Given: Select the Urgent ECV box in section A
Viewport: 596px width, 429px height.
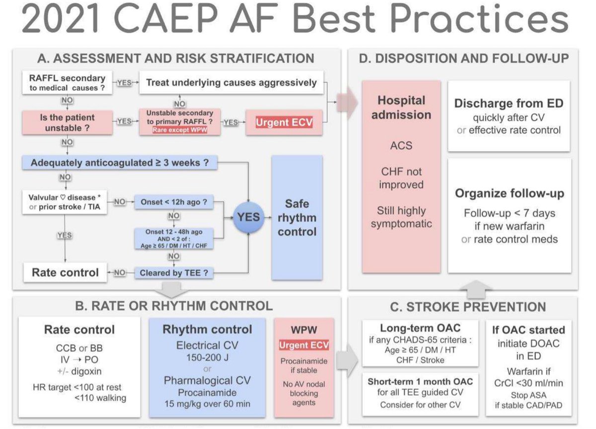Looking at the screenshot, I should pyautogui.click(x=284, y=122).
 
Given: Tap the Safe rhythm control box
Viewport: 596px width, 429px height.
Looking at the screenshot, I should pyautogui.click(x=297, y=217).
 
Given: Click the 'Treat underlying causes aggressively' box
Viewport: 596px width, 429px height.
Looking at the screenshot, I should pyautogui.click(x=231, y=83).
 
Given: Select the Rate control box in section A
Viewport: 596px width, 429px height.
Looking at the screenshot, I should pyautogui.click(x=65, y=272).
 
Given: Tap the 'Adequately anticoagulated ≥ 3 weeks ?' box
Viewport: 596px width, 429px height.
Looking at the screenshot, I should pyautogui.click(x=119, y=163).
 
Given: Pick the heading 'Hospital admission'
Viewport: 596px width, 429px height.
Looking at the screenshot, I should pyautogui.click(x=401, y=107).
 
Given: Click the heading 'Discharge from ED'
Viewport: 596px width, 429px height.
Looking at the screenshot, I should pyautogui.click(x=509, y=104).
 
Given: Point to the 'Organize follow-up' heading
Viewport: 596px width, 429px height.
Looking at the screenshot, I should pyautogui.click(x=509, y=193).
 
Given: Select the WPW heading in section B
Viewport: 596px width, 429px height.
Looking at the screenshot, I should pyautogui.click(x=304, y=330).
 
